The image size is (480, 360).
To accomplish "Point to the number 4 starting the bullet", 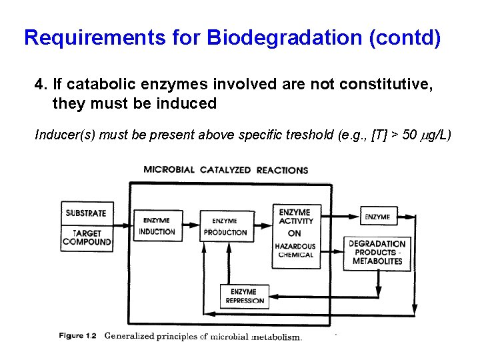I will tap(39, 85).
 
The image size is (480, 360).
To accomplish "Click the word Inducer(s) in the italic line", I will tap(63, 135).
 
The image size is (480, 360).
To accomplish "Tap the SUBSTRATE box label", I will tap(86, 213).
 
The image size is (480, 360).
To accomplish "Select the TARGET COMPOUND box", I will tap(87, 238).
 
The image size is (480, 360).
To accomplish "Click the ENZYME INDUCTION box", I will tap(157, 226).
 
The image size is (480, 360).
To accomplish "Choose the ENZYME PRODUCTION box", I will tap(225, 227).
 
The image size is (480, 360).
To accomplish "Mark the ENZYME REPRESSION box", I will tap(243, 296).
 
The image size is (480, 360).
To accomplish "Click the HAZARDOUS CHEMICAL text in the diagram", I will tap(295, 251).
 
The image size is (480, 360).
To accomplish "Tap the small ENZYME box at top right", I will tap(378, 217).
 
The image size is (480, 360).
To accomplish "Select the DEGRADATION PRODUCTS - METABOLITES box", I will tap(377, 253).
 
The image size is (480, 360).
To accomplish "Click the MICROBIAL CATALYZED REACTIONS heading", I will tap(225, 170).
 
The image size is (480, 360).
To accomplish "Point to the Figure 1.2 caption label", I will tap(77, 336).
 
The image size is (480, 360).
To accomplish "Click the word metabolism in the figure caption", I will tap(277, 337).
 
